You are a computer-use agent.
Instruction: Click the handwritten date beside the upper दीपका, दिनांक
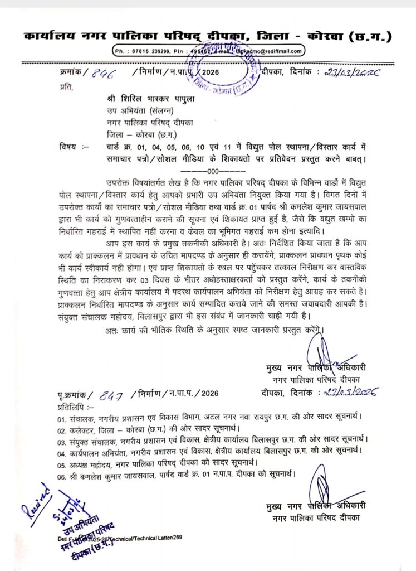coord(354,72)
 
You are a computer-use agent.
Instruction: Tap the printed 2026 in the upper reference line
coord(209,73)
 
